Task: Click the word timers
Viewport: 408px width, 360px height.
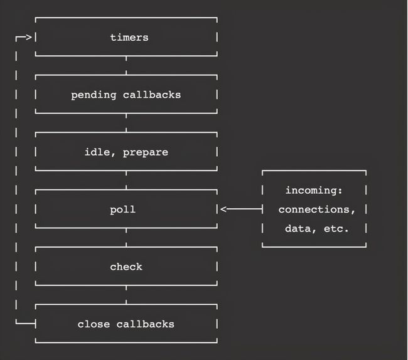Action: pyautogui.click(x=129, y=37)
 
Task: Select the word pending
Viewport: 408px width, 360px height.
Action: pyautogui.click(x=91, y=95)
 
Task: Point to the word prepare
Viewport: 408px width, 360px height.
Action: pyautogui.click(x=145, y=152)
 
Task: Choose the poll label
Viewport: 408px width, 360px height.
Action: pyautogui.click(x=122, y=209)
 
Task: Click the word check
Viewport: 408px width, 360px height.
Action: pyautogui.click(x=126, y=267)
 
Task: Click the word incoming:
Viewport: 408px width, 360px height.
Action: pyautogui.click(x=314, y=190)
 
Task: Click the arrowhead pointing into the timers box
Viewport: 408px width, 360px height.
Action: pyautogui.click(x=29, y=38)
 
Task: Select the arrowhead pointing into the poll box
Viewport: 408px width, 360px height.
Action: pyautogui.click(x=223, y=209)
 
